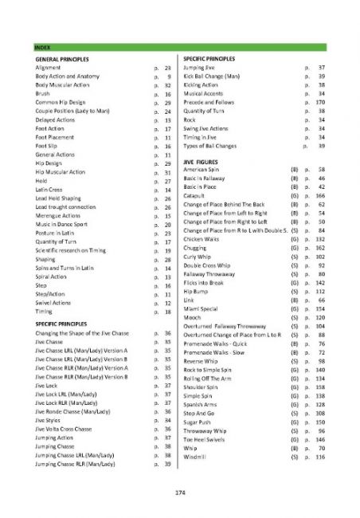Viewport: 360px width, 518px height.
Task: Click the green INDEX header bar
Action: [x=180, y=49]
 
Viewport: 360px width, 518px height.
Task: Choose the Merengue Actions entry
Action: [x=60, y=216]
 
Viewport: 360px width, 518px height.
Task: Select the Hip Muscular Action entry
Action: [x=61, y=172]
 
